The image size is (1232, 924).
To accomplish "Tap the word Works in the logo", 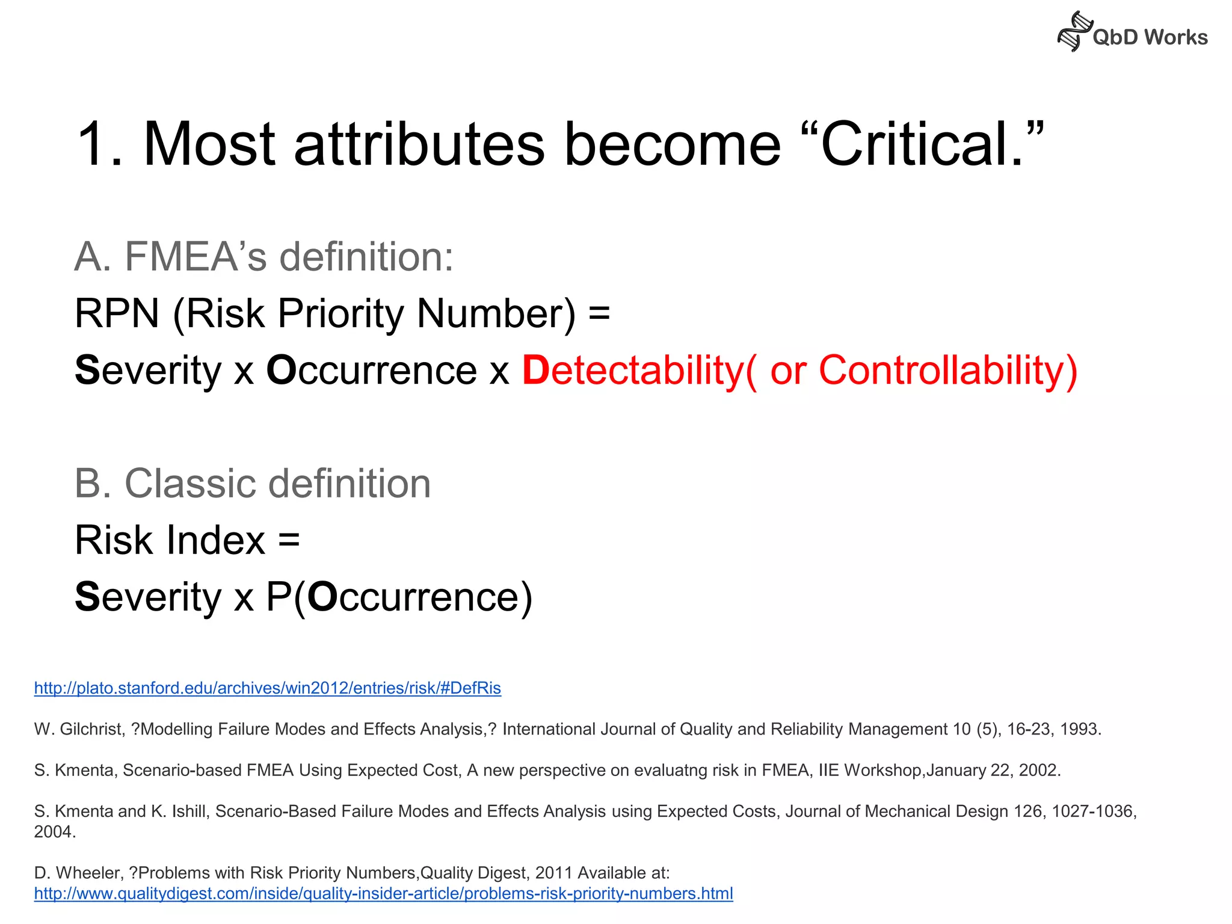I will point(1175,37).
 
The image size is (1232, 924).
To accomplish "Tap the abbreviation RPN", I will point(117,313).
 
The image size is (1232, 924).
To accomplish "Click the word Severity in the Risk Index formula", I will point(148,597).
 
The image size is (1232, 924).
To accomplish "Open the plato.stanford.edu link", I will point(268,688).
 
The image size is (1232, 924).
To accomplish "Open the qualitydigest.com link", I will point(383,894).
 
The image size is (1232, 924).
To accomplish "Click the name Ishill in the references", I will point(189,812).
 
